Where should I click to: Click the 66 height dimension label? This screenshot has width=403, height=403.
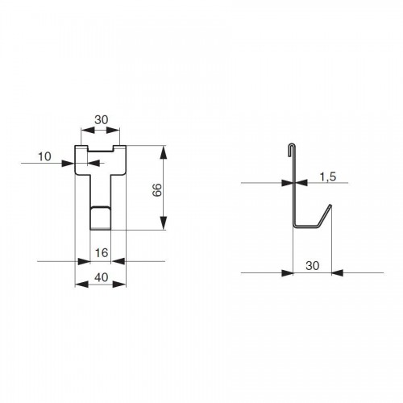(x=157, y=190)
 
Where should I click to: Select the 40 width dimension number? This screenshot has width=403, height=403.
(x=102, y=277)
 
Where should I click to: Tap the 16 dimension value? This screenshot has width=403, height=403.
(x=102, y=253)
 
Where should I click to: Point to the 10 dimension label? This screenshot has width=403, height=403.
(x=44, y=156)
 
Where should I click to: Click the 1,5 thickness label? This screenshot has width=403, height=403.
(x=328, y=177)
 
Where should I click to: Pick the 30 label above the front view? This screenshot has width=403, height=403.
(x=102, y=120)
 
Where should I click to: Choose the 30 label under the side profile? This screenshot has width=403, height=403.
(x=313, y=266)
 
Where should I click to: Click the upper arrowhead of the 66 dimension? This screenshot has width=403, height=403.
(x=163, y=153)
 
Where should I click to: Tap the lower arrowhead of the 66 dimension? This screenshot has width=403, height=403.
(x=163, y=223)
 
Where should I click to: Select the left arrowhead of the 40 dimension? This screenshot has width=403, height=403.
(x=81, y=285)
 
